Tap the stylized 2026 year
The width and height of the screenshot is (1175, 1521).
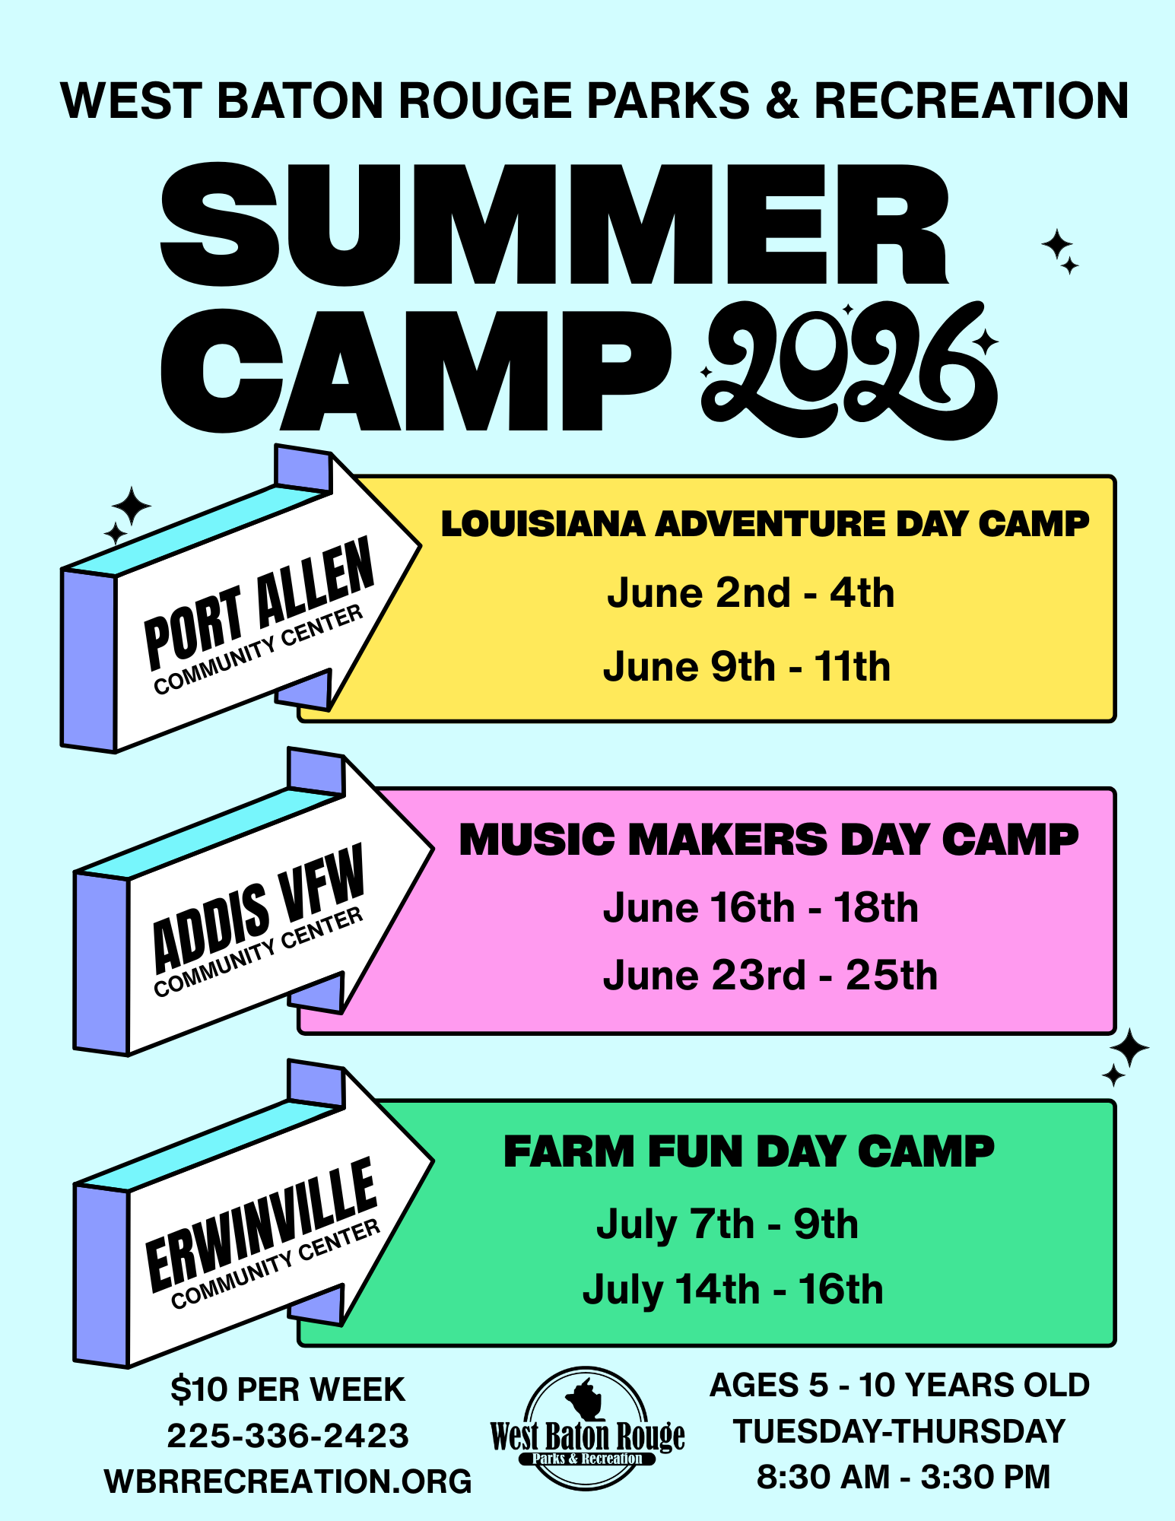[x=848, y=370]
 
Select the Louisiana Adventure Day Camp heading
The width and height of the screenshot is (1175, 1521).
[x=764, y=524]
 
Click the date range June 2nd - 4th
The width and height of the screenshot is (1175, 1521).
[x=751, y=593]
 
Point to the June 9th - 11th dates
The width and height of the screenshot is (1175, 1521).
[x=747, y=667]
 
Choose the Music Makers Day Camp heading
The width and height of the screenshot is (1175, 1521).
[x=768, y=840]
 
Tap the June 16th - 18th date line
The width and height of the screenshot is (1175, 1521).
[x=761, y=908]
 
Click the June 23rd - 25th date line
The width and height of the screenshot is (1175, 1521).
[x=770, y=976]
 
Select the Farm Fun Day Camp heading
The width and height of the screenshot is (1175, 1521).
[x=749, y=1151]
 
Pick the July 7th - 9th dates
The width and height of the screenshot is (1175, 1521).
[x=727, y=1224]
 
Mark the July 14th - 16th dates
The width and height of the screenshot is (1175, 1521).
[x=733, y=1291]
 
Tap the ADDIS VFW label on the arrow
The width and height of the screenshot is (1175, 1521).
[x=259, y=909]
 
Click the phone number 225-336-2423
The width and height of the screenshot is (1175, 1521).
[x=287, y=1436]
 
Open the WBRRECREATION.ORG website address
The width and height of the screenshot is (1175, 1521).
[x=287, y=1481]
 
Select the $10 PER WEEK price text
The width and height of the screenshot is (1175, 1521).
[x=287, y=1389]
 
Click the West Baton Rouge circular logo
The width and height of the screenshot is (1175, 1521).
[x=587, y=1427]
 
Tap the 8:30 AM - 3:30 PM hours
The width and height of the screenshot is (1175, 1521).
[x=903, y=1477]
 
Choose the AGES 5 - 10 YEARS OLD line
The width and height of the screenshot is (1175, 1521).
[x=900, y=1385]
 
